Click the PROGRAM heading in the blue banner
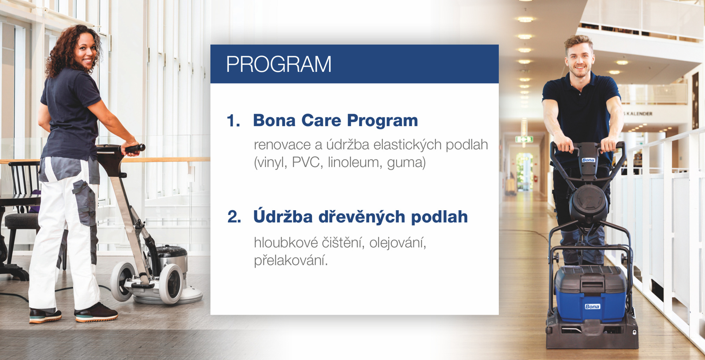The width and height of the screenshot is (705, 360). click(x=278, y=64)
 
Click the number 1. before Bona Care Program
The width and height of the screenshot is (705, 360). click(x=233, y=121)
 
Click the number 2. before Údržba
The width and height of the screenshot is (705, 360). click(x=234, y=217)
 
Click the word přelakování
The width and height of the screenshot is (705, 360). click(x=290, y=260)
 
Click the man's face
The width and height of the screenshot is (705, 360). click(x=580, y=59)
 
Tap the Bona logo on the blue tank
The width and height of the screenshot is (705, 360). click(x=592, y=306)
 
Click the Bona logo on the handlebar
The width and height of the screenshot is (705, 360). click(x=588, y=160)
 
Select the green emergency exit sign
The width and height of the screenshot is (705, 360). click(x=524, y=139)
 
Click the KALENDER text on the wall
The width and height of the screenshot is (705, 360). click(x=639, y=114)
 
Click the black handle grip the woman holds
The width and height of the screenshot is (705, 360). click(x=135, y=148)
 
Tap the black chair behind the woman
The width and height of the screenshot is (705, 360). click(x=20, y=207)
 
